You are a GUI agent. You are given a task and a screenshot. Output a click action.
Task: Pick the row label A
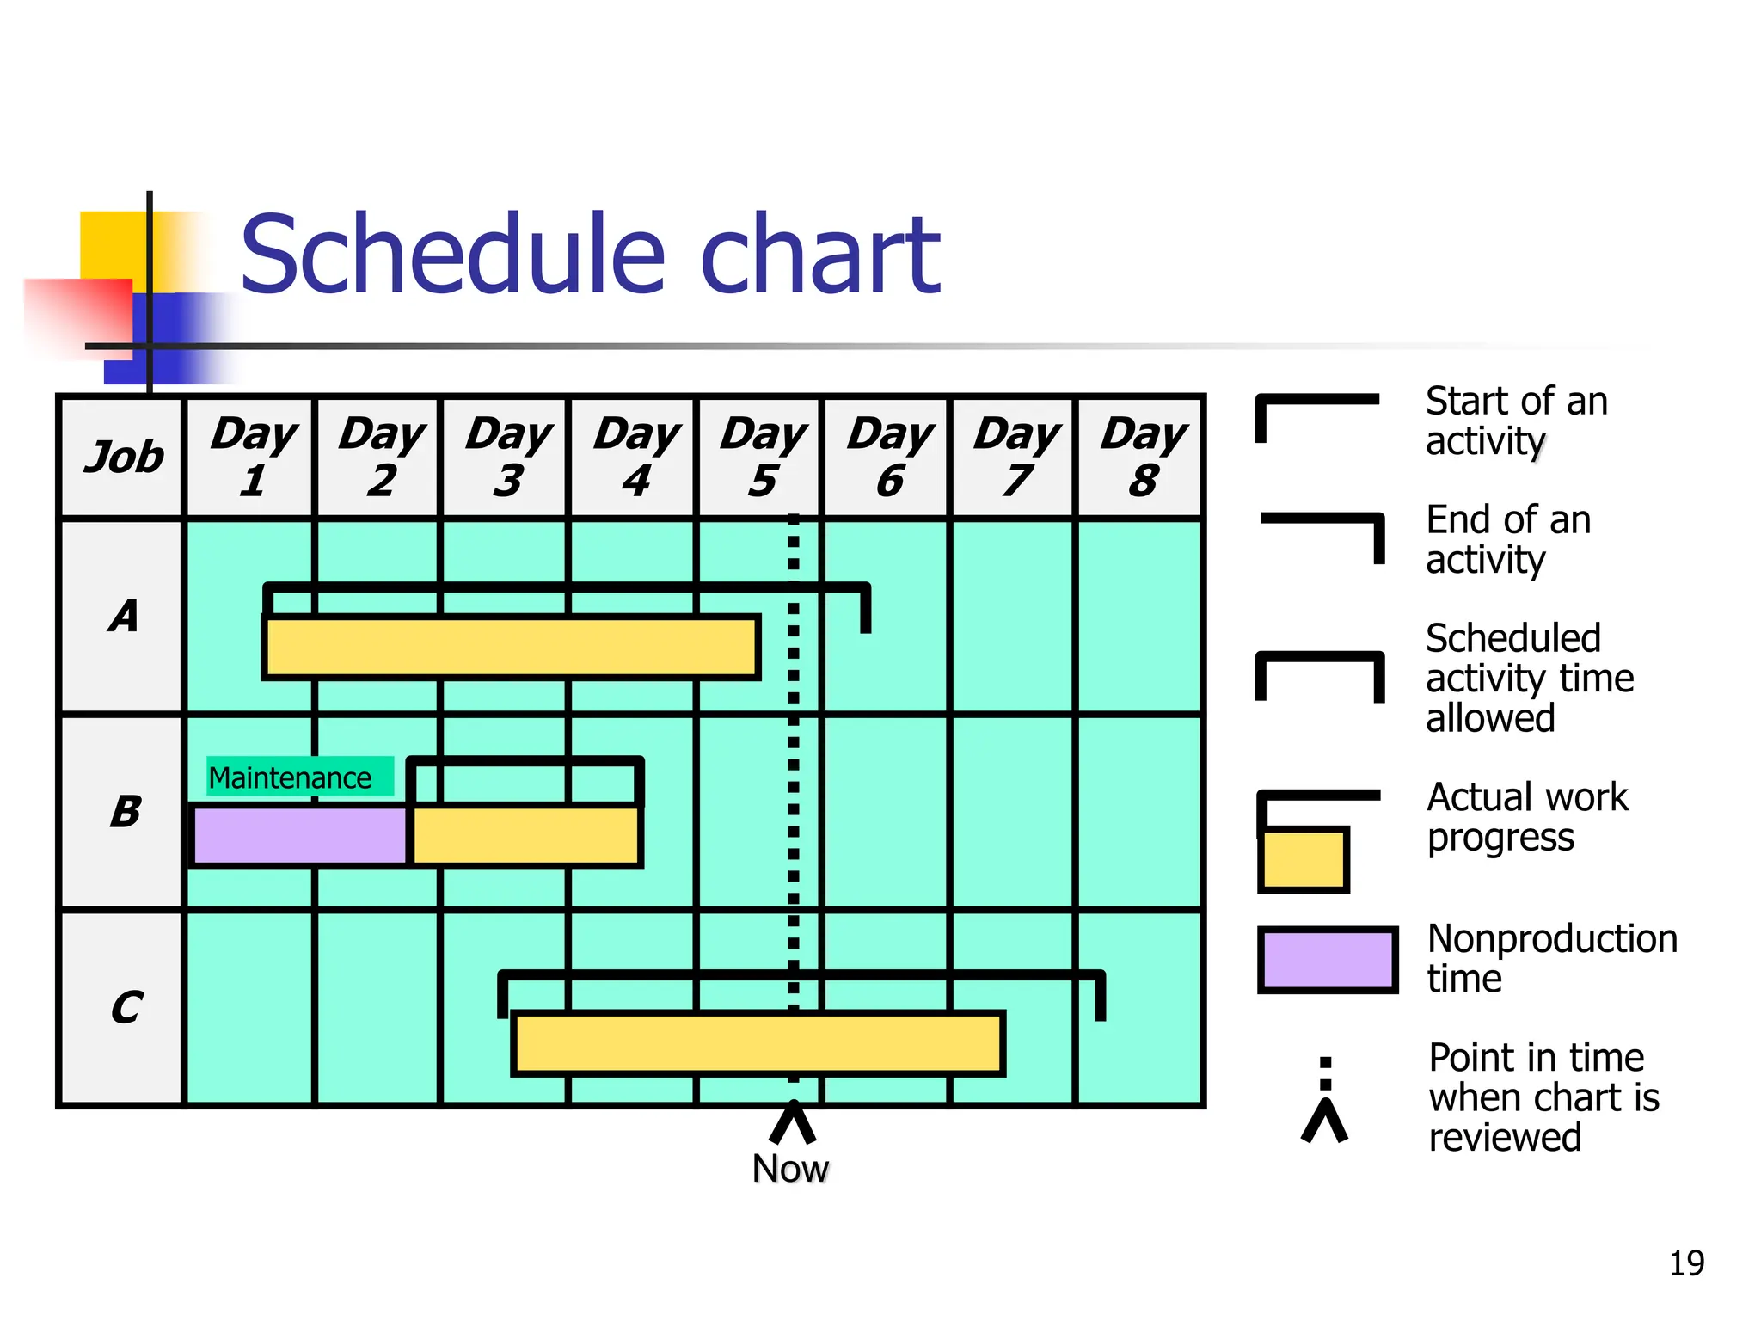tap(123, 616)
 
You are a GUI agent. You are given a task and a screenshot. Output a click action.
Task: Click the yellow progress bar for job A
tap(511, 647)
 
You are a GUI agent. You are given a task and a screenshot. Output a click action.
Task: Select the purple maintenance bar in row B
tap(300, 835)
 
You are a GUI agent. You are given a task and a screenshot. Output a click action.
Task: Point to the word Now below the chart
tap(790, 1169)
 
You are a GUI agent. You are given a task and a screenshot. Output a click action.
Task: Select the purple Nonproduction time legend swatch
tap(1327, 959)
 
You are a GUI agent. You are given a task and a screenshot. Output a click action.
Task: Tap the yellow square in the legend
tap(1303, 859)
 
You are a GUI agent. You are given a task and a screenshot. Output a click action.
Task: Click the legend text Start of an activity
tap(1515, 421)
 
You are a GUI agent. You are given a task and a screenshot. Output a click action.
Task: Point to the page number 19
tap(1686, 1263)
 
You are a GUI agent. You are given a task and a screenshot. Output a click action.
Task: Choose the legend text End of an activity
tap(1507, 539)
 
